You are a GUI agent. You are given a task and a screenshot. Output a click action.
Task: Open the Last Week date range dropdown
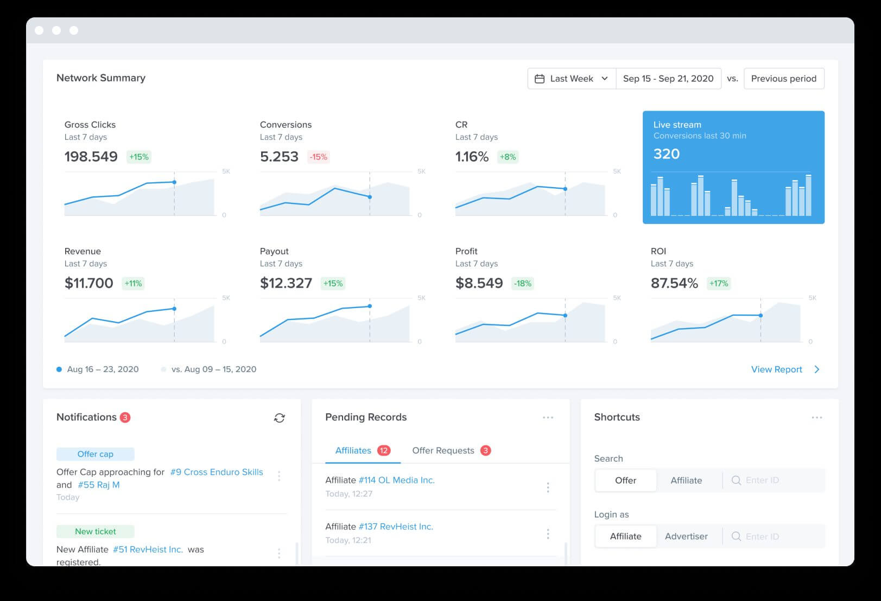click(x=572, y=79)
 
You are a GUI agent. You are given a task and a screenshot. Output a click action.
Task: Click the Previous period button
click(x=783, y=79)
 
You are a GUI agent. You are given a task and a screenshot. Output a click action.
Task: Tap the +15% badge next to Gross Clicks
click(x=138, y=157)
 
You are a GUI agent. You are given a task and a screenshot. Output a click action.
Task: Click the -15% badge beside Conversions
click(x=318, y=157)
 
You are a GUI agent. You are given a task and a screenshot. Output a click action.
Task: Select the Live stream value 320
click(x=667, y=154)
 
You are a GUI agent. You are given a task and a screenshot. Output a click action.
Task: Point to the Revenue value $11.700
click(x=89, y=283)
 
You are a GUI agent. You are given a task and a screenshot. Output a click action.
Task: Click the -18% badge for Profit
click(x=523, y=283)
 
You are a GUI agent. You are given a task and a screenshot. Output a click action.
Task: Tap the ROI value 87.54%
click(x=674, y=283)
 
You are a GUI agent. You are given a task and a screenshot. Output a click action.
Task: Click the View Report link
click(x=777, y=369)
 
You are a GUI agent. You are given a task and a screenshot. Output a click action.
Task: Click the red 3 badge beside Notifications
click(x=125, y=417)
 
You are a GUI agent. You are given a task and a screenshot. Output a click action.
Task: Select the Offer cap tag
click(x=96, y=454)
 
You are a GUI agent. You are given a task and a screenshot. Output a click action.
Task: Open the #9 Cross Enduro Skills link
click(x=217, y=472)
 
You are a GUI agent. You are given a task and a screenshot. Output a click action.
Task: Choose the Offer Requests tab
click(x=443, y=450)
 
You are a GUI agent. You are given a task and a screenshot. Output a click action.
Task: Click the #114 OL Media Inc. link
click(x=397, y=480)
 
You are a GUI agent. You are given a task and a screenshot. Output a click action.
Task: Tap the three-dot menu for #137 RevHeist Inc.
click(x=548, y=534)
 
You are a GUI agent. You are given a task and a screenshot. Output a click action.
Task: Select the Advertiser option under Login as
click(x=686, y=536)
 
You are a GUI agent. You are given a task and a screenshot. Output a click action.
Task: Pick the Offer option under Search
click(x=625, y=480)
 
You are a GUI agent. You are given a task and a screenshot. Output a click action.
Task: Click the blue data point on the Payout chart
click(x=370, y=306)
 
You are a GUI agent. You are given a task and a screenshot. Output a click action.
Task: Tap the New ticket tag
click(x=96, y=532)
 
